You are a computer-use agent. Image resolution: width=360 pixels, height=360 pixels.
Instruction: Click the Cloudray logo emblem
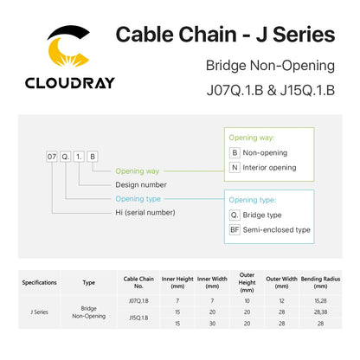(x=69, y=46)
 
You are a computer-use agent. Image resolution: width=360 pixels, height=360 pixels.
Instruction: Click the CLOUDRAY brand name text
(x=70, y=83)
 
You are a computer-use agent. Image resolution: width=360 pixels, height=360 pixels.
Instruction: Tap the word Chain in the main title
(x=208, y=35)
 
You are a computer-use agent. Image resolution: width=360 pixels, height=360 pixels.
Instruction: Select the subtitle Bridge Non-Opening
(x=270, y=66)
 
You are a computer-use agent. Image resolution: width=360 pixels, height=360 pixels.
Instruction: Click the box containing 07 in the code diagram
(x=52, y=157)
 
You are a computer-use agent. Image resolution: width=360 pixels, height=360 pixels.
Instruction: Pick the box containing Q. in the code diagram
(x=66, y=157)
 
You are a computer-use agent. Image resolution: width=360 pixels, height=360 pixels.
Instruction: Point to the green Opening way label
(x=138, y=171)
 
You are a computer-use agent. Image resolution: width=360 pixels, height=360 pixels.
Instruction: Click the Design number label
(x=141, y=184)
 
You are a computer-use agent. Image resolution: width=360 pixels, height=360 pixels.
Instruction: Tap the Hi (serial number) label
(x=145, y=213)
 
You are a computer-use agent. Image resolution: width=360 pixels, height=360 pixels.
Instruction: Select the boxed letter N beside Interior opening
(x=235, y=167)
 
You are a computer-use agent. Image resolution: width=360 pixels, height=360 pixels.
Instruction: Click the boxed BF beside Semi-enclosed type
(x=235, y=229)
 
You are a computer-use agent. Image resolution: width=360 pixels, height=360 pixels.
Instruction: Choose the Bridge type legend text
(x=262, y=215)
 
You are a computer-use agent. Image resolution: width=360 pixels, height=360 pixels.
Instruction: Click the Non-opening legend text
(x=265, y=152)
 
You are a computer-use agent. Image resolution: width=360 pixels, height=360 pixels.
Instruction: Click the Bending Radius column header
(x=320, y=282)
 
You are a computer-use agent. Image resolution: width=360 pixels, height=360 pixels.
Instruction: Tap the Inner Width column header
(x=212, y=282)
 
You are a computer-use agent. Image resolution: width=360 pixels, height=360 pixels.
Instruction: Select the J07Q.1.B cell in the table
(x=138, y=301)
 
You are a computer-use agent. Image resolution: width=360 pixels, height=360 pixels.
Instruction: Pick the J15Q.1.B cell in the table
(x=138, y=318)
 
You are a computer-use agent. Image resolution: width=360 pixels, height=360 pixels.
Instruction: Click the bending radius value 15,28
(x=320, y=301)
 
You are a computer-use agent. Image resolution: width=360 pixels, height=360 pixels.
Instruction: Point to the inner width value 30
(x=212, y=324)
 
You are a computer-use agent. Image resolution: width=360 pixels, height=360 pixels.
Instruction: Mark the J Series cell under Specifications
(x=39, y=312)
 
